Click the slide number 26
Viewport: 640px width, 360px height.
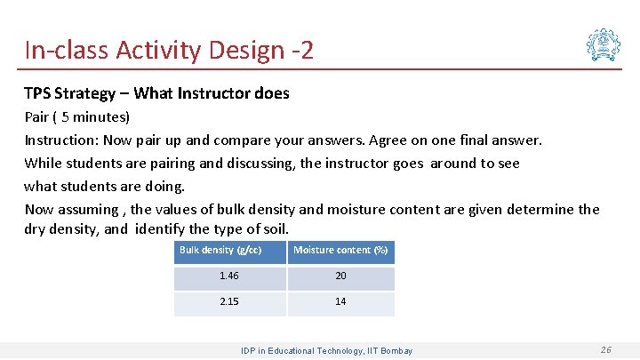coord(605,350)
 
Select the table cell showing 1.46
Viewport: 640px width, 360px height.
coord(229,276)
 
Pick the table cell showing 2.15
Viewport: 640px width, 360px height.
coord(229,302)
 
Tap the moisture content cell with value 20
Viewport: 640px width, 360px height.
coord(340,276)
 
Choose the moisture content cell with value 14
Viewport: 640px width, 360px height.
coord(340,302)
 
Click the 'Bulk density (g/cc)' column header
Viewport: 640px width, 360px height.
coord(220,251)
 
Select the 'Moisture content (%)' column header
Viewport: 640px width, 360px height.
coord(340,251)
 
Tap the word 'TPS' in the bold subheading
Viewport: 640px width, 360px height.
coord(38,92)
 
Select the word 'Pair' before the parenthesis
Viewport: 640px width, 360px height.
coord(36,116)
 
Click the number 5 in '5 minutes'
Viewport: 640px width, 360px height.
coord(65,116)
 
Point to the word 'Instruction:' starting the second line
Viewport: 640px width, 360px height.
coord(60,140)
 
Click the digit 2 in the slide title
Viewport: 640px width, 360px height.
coord(307,50)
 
